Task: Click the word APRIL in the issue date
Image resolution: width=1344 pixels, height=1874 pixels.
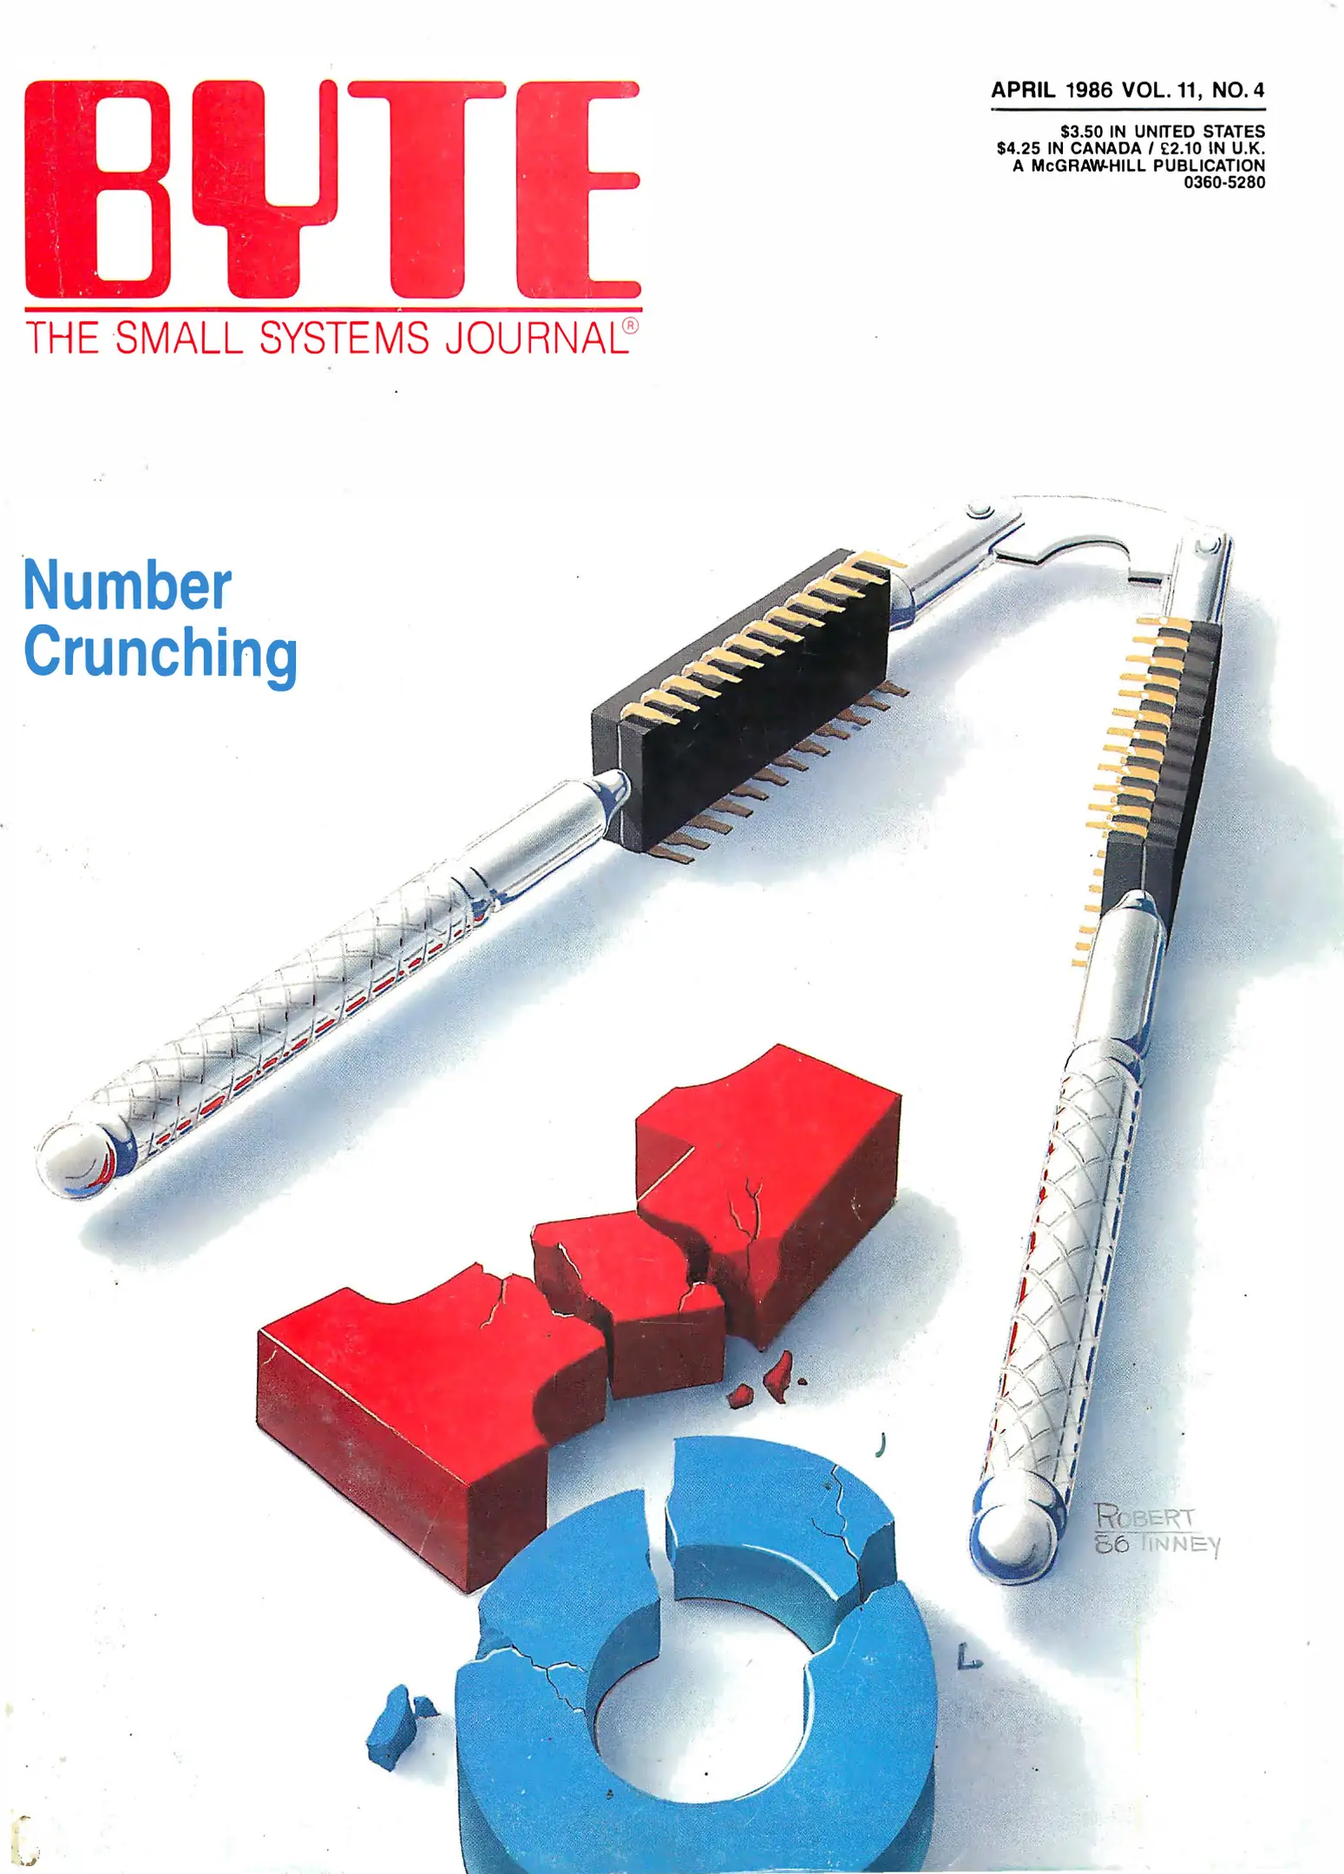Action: (x=1023, y=90)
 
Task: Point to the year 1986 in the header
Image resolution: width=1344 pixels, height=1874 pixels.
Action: (x=1088, y=90)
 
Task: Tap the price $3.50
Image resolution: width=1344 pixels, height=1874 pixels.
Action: (x=1082, y=132)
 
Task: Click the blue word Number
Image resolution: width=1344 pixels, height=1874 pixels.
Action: (x=127, y=586)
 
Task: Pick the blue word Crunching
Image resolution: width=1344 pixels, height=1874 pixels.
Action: (x=160, y=652)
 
